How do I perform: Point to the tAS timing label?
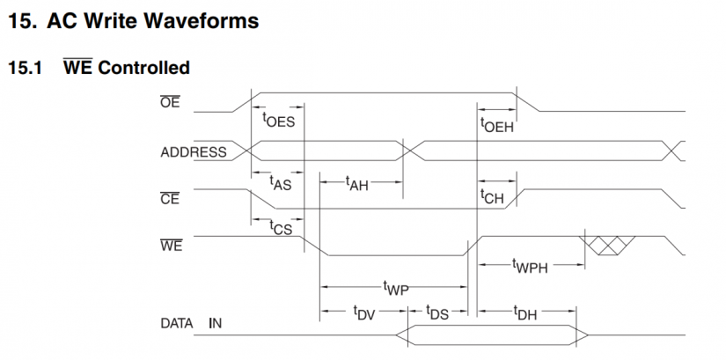[280, 183]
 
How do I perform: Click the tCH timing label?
[492, 197]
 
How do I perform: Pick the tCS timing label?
[281, 227]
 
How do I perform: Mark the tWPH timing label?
[530, 265]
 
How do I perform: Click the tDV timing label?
[363, 312]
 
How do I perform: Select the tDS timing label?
[436, 312]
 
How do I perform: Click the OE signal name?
[170, 103]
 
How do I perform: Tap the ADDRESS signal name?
[194, 151]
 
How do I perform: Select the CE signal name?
[170, 198]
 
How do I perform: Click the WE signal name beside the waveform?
[171, 246]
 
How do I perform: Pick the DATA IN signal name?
[191, 323]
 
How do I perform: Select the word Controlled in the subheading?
[143, 67]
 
